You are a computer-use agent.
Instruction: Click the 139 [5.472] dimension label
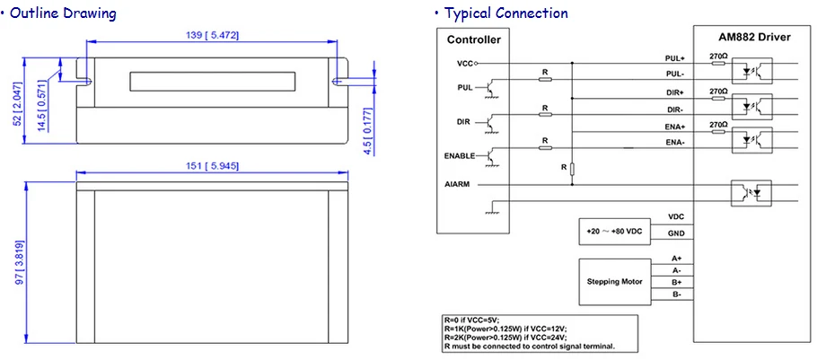[x=212, y=35]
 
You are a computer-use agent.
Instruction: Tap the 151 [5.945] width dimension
[x=212, y=166]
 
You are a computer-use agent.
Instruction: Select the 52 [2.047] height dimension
[x=18, y=104]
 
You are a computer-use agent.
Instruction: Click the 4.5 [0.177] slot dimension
[x=368, y=131]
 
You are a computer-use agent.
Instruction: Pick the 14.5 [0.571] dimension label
[x=42, y=108]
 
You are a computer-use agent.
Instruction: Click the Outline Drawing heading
[x=58, y=13]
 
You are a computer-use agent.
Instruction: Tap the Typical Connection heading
[x=502, y=13]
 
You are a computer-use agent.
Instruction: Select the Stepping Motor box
[x=614, y=282]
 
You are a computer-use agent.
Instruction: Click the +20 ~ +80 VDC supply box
[x=614, y=232]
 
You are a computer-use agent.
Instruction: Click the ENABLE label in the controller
[x=459, y=156]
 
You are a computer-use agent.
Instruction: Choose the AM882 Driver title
[x=751, y=38]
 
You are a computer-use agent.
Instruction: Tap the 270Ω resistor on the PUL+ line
[x=718, y=63]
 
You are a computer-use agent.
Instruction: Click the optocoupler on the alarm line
[x=751, y=192]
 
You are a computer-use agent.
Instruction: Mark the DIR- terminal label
[x=675, y=110]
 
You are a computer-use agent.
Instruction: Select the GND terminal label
[x=676, y=233]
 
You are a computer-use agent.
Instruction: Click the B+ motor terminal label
[x=677, y=282]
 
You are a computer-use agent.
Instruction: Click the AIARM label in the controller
[x=457, y=185]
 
